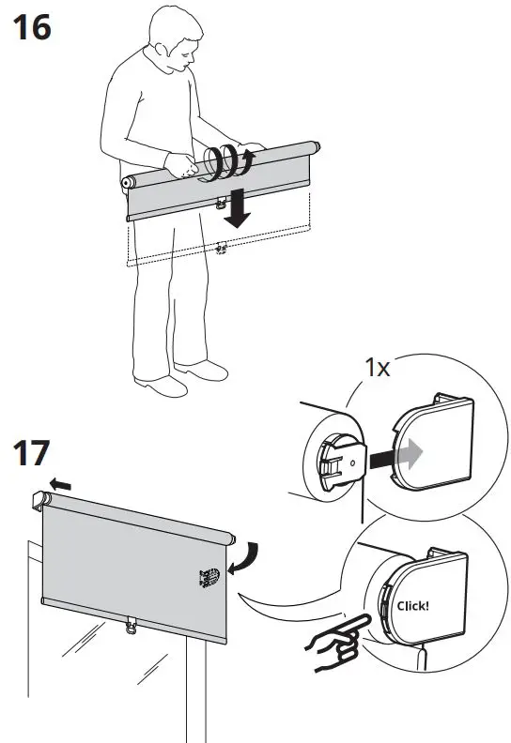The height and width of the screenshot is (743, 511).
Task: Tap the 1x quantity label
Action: click(x=379, y=367)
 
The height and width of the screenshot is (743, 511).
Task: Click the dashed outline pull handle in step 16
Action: click(x=222, y=249)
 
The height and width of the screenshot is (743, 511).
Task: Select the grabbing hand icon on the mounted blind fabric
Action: click(x=209, y=576)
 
